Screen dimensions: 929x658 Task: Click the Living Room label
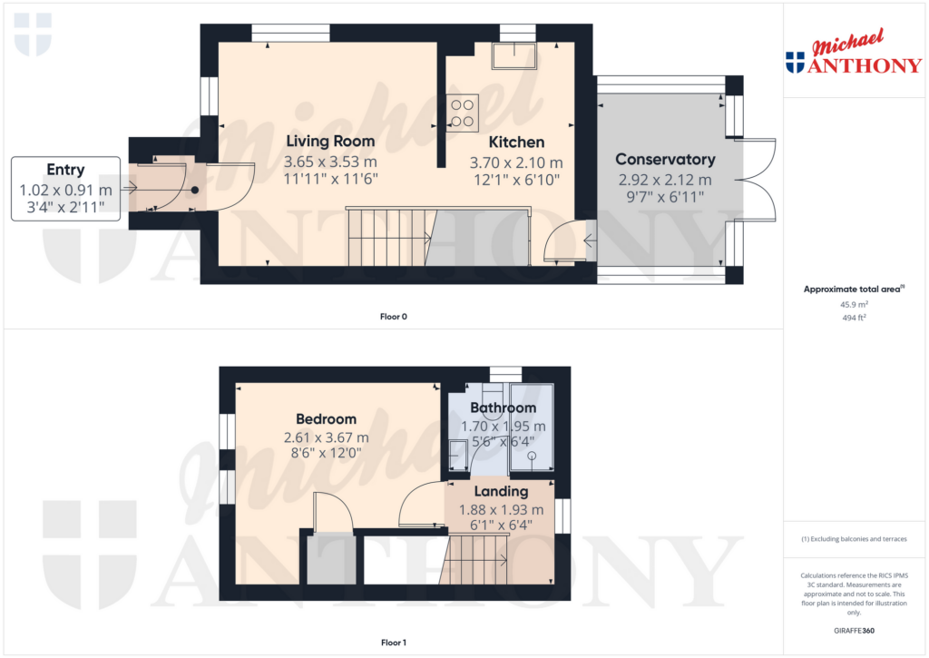point(330,141)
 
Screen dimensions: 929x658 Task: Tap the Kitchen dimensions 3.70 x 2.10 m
point(516,162)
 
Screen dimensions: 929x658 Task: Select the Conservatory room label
point(665,160)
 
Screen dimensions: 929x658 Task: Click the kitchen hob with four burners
point(462,113)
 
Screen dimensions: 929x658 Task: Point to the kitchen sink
point(513,56)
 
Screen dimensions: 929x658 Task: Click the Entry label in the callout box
point(65,170)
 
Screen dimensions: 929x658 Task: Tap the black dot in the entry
point(194,191)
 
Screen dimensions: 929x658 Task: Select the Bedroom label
point(326,419)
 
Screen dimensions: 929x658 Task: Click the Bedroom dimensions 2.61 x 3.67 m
point(326,437)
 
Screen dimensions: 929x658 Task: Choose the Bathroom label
point(503,408)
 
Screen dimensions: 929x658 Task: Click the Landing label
point(501,491)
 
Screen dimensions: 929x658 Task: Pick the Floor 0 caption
point(394,317)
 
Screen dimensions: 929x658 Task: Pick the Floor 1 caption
point(394,643)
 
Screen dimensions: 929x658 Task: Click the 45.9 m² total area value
point(854,305)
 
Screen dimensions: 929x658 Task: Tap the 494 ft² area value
point(854,318)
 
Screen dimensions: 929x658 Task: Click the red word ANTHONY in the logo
point(865,64)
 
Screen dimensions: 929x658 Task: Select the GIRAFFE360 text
point(854,631)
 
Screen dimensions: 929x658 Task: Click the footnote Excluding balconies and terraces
point(854,539)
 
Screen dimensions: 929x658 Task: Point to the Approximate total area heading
point(852,290)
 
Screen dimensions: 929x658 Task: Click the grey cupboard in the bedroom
point(331,560)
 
